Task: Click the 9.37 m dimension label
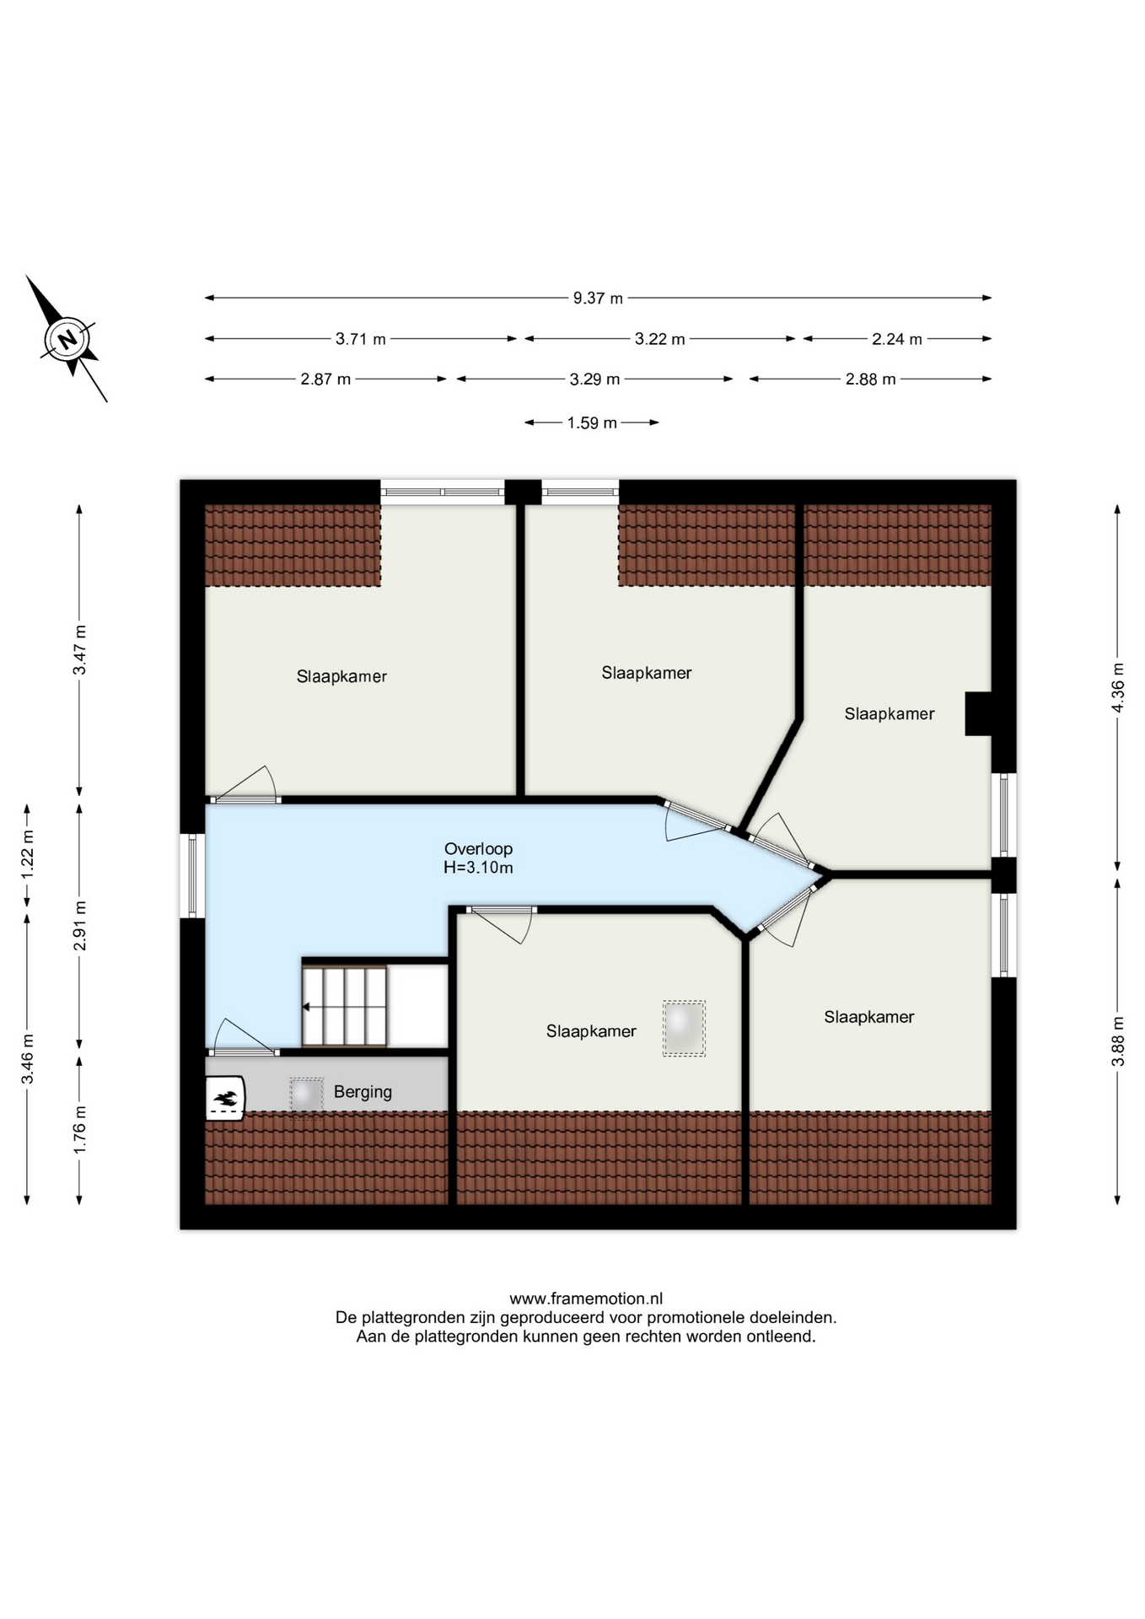click(598, 298)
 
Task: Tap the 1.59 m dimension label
click(592, 422)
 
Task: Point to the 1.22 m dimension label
click(27, 855)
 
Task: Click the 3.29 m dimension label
click(594, 379)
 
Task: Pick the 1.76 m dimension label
click(79, 1130)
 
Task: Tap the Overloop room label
click(478, 849)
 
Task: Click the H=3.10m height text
click(478, 868)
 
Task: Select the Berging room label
click(363, 1092)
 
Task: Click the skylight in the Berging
click(306, 1095)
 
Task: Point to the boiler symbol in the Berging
click(225, 1098)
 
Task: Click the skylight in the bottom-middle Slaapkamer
click(684, 1028)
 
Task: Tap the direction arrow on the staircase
click(307, 1007)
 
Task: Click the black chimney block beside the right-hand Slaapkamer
click(979, 713)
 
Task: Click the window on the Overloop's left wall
click(192, 876)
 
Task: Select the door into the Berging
click(244, 1037)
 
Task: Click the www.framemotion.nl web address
click(586, 1299)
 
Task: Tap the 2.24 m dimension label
click(897, 339)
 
